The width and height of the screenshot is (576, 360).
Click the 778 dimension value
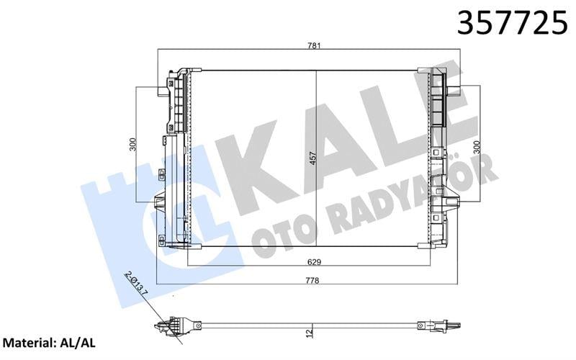[x=312, y=280]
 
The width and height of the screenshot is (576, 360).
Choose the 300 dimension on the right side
[x=476, y=148]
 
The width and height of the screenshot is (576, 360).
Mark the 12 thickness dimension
[x=309, y=333]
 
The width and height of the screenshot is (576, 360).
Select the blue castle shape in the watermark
[x=115, y=202]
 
